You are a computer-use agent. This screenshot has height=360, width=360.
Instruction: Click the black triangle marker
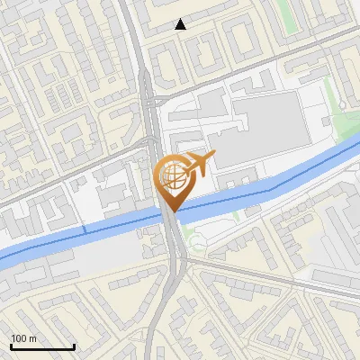pyautogui.click(x=181, y=24)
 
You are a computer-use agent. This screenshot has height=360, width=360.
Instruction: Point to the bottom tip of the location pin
pyautogui.click(x=171, y=211)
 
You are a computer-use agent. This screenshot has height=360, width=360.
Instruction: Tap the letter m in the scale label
pyautogui.click(x=33, y=338)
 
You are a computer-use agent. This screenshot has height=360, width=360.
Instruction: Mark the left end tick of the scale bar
pyautogui.click(x=11, y=346)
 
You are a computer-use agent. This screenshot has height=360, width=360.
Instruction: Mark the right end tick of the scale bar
pyautogui.click(x=74, y=346)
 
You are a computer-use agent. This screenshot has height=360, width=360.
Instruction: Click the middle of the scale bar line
pyautogui.click(x=42, y=347)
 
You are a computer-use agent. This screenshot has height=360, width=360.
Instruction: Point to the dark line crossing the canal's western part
pyautogui.click(x=85, y=230)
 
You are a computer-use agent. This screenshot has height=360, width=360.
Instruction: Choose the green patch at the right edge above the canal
pyautogui.click(x=346, y=126)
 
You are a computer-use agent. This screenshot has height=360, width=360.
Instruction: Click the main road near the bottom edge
pyautogui.click(x=160, y=346)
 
